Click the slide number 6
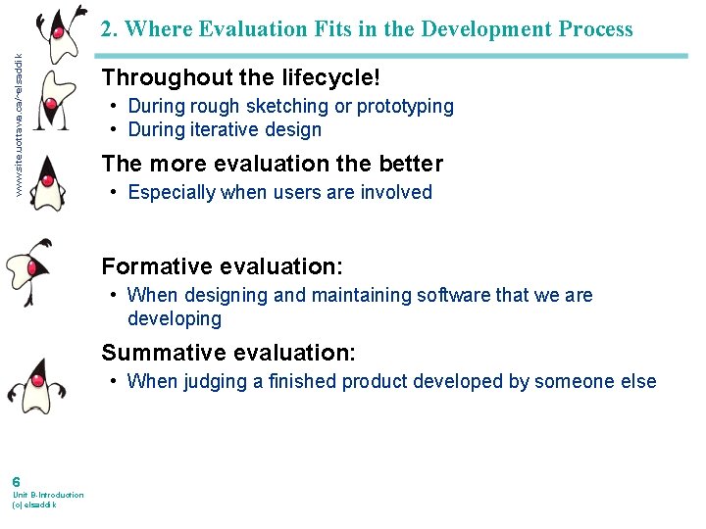click(17, 481)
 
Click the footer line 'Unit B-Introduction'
click(48, 495)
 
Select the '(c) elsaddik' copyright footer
click(34, 505)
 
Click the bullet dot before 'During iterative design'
click(115, 129)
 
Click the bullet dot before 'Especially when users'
click(115, 192)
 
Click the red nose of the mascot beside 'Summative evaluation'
click(37, 379)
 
